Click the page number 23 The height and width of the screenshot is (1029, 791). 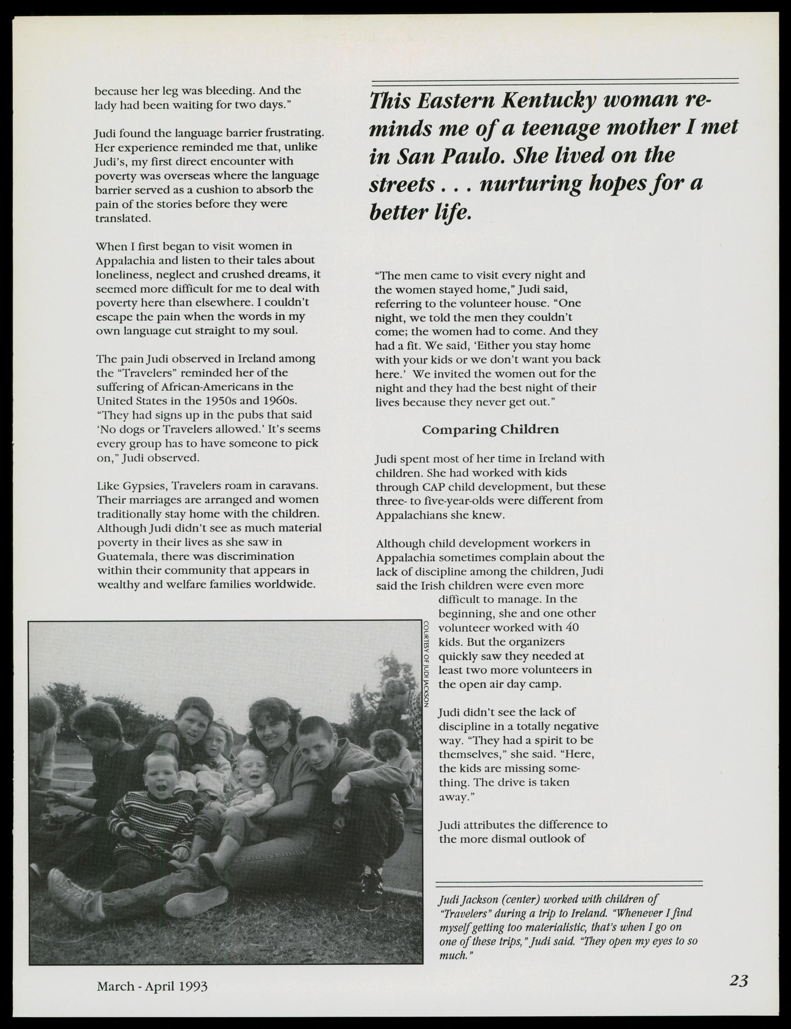click(738, 981)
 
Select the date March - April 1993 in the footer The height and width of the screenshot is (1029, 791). click(152, 986)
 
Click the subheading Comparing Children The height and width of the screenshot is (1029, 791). click(490, 429)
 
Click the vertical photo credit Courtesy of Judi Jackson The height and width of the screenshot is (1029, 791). click(426, 664)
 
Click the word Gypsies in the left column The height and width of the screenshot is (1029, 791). click(145, 485)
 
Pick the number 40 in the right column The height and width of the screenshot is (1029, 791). click(571, 628)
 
